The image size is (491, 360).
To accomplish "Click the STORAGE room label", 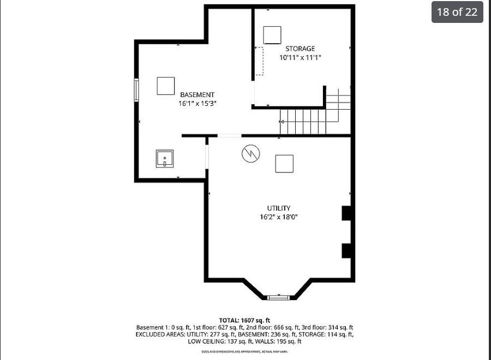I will [300, 49].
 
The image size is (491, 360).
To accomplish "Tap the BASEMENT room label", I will [197, 94].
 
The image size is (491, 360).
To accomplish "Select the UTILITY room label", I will [278, 208].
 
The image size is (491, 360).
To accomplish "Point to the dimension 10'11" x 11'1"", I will [300, 57].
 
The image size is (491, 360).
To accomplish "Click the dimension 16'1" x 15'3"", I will [197, 103].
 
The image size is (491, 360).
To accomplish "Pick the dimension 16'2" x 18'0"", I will [278, 217].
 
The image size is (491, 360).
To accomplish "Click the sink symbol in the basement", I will [165, 159].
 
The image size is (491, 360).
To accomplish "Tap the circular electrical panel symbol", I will [251, 153].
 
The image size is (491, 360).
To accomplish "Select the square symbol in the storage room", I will [272, 35].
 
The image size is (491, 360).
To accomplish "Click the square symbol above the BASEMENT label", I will [166, 86].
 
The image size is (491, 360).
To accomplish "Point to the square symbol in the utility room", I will [284, 164].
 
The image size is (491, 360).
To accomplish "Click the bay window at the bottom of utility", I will [278, 297].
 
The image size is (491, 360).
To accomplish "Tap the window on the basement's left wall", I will [136, 90].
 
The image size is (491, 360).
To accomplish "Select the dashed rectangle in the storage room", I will [259, 61].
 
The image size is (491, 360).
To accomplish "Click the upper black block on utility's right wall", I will [346, 213].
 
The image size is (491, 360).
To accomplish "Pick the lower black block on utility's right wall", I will [346, 250].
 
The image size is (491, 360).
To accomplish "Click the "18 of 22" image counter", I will [457, 12].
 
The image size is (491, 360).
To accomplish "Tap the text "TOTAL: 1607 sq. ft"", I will [244, 320].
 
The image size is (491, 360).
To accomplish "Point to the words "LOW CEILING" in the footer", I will [206, 341].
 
